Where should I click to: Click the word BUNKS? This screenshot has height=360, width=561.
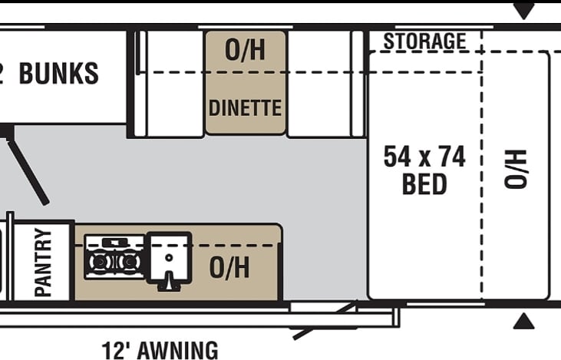pyautogui.click(x=59, y=74)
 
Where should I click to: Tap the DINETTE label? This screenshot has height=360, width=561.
pyautogui.click(x=245, y=107)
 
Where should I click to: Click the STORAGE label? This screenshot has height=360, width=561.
pyautogui.click(x=424, y=41)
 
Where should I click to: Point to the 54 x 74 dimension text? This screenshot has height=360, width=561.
pyautogui.click(x=424, y=157)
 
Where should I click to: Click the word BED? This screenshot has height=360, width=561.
pyautogui.click(x=424, y=184)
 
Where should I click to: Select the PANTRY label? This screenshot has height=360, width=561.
pyautogui.click(x=44, y=262)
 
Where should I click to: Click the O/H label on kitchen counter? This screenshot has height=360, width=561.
pyautogui.click(x=229, y=268)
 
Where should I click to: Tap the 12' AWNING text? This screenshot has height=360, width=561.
pyautogui.click(x=160, y=350)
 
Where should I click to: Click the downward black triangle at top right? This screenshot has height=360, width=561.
pyautogui.click(x=524, y=12)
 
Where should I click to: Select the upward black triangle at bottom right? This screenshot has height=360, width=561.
pyautogui.click(x=524, y=321)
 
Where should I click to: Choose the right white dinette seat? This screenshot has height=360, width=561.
pyautogui.click(x=318, y=83)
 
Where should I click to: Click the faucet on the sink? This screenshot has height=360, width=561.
pyautogui.click(x=167, y=282)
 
